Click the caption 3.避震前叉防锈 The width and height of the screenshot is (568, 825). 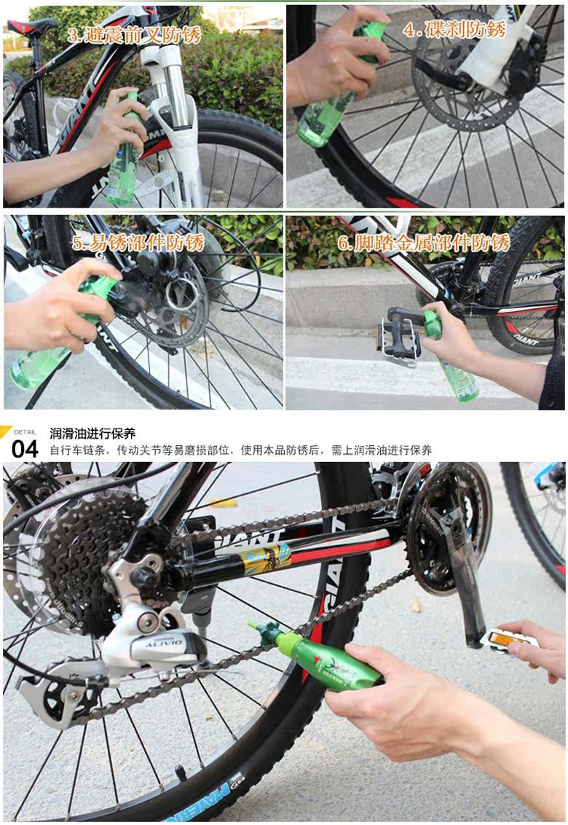click(x=134, y=34)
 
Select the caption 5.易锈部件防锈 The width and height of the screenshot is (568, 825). click(x=138, y=243)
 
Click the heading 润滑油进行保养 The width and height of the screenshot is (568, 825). click(x=92, y=434)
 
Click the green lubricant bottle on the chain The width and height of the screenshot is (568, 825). click(x=328, y=660)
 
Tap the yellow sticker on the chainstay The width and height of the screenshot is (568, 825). click(x=266, y=558)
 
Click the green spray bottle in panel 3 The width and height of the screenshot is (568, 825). click(x=125, y=157)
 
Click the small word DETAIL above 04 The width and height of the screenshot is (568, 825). click(x=25, y=431)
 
